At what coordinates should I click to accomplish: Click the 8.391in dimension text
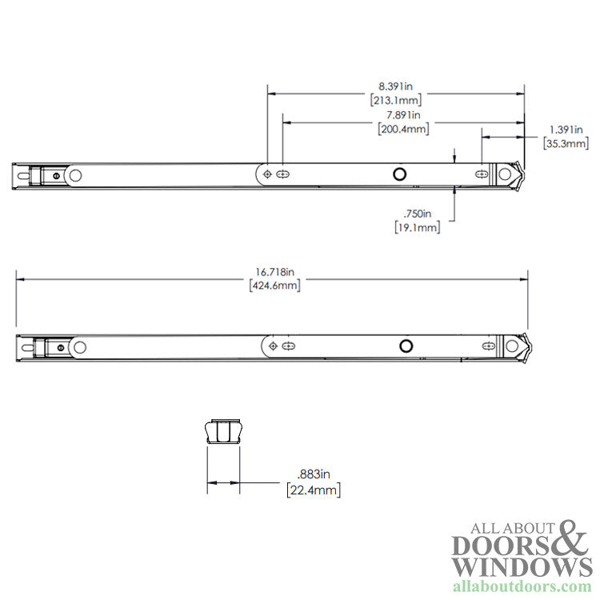[x=396, y=86]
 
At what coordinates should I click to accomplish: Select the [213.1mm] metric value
[x=396, y=101]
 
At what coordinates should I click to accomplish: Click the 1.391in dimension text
[x=566, y=130]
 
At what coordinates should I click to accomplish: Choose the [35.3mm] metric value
[x=566, y=144]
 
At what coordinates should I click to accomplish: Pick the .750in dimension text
[x=416, y=214]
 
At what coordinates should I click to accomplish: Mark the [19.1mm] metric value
[x=416, y=228]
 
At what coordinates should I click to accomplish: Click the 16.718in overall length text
[x=273, y=271]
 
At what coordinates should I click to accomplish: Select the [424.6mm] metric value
[x=273, y=286]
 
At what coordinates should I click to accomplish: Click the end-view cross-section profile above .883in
[x=223, y=431]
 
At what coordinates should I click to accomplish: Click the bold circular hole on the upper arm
[x=398, y=174]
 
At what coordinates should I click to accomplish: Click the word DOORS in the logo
[x=498, y=546]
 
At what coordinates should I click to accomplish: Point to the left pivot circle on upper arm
[x=75, y=175]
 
